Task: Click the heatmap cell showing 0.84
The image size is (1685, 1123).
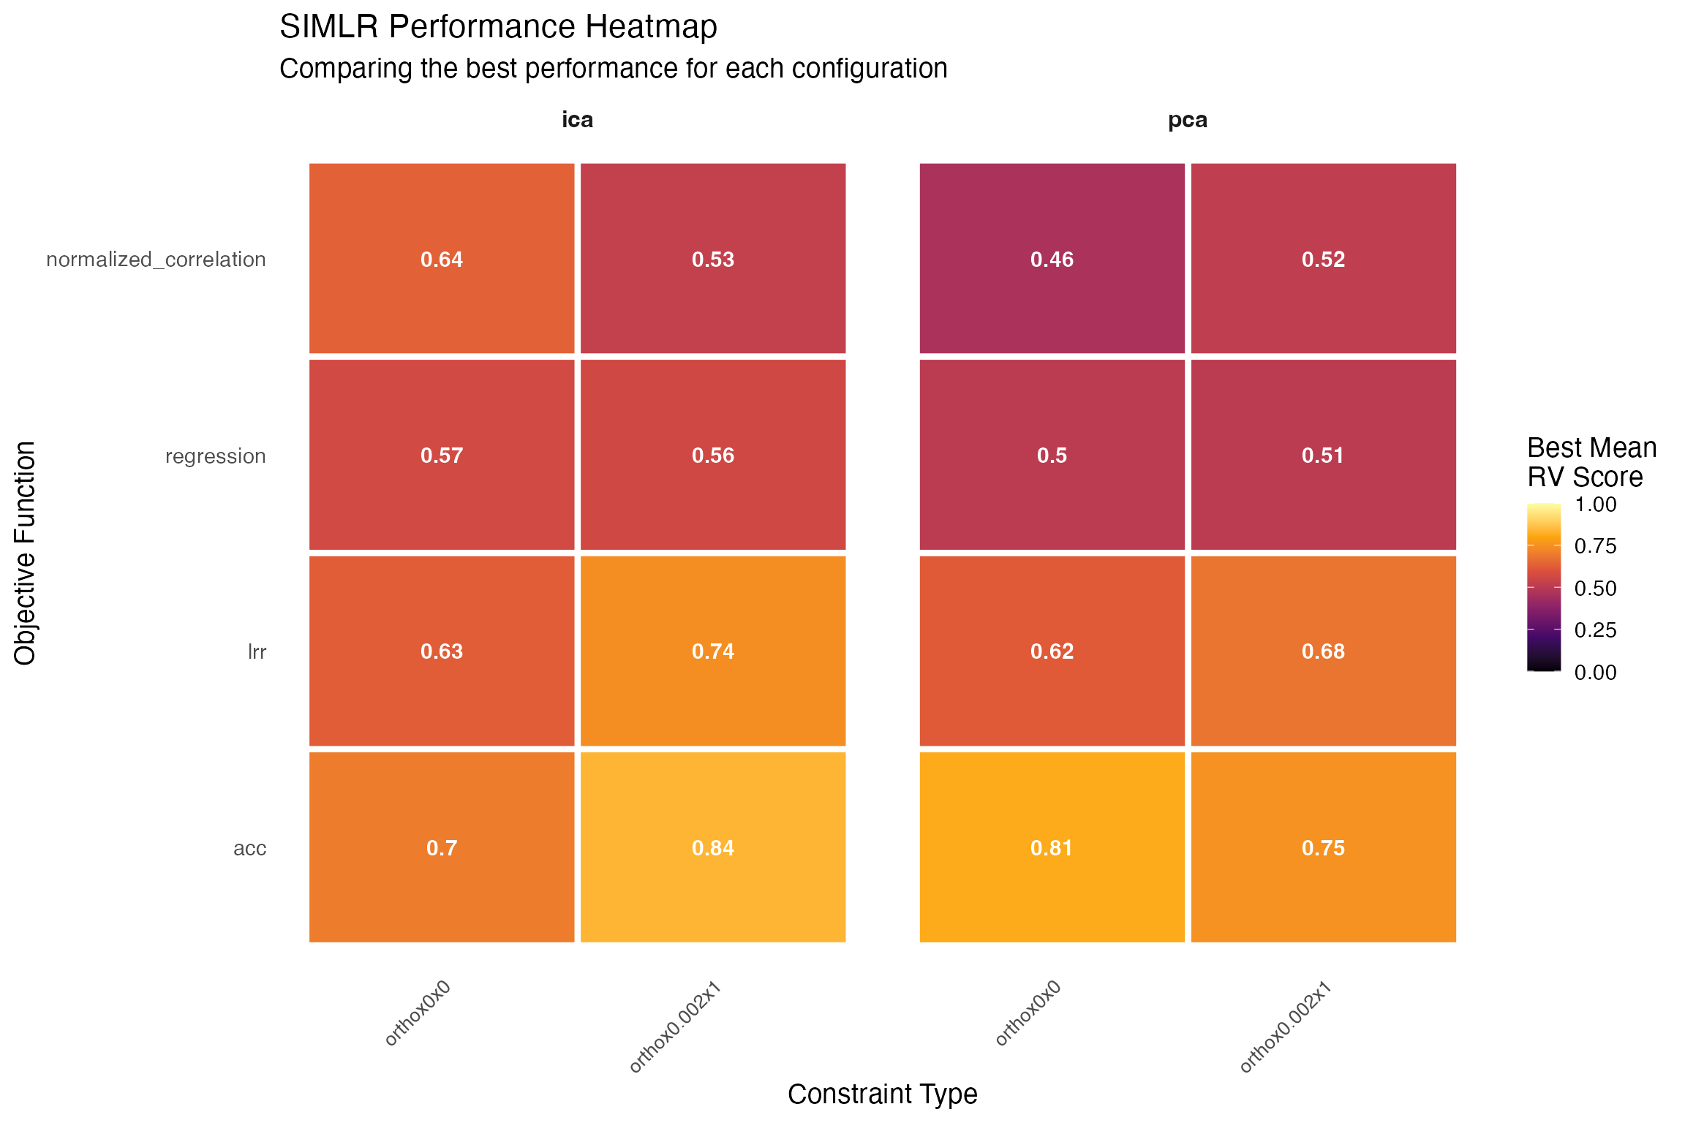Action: [x=713, y=847]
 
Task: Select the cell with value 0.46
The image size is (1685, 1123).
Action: [x=1052, y=259]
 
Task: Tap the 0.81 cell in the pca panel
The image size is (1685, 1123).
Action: [x=1052, y=847]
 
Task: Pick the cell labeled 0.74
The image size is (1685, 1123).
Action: [x=713, y=651]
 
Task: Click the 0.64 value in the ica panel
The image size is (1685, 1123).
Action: [x=442, y=259]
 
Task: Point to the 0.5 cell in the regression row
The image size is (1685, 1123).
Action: [x=1052, y=455]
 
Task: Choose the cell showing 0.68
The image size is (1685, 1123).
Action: [x=1323, y=651]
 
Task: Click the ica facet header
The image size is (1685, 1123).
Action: [x=577, y=120]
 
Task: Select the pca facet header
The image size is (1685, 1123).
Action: [x=1187, y=120]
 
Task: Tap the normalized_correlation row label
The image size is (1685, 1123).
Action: [x=156, y=260]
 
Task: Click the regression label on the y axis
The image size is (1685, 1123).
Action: [x=215, y=456]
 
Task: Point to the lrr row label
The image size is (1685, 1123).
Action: [x=257, y=652]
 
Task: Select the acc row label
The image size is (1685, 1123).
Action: [x=249, y=848]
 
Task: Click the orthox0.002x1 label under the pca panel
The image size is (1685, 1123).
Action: [x=1286, y=1027]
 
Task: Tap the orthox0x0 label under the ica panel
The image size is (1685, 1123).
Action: [x=418, y=1013]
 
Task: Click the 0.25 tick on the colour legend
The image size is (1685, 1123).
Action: [x=1595, y=630]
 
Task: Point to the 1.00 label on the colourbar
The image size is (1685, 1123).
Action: [x=1595, y=504]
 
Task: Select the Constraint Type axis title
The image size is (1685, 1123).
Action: [x=882, y=1094]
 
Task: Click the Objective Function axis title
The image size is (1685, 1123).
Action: [x=25, y=553]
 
